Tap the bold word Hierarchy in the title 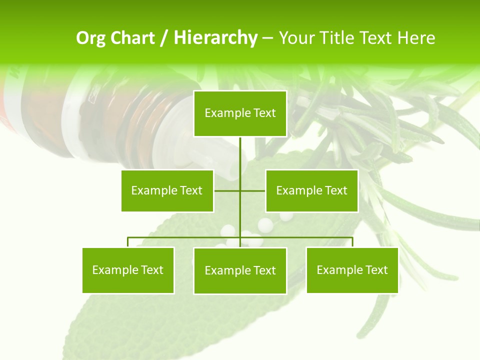(x=215, y=38)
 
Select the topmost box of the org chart (x=240, y=113)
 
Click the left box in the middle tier (x=167, y=190)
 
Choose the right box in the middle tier (x=311, y=190)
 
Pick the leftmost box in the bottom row (x=128, y=270)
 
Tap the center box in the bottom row (x=240, y=270)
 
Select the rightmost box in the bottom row (x=352, y=270)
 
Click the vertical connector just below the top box (x=240, y=155)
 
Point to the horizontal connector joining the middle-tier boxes (x=228, y=190)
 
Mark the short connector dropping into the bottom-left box (x=128, y=242)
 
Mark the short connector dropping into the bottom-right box (x=352, y=242)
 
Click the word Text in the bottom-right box (x=376, y=270)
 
